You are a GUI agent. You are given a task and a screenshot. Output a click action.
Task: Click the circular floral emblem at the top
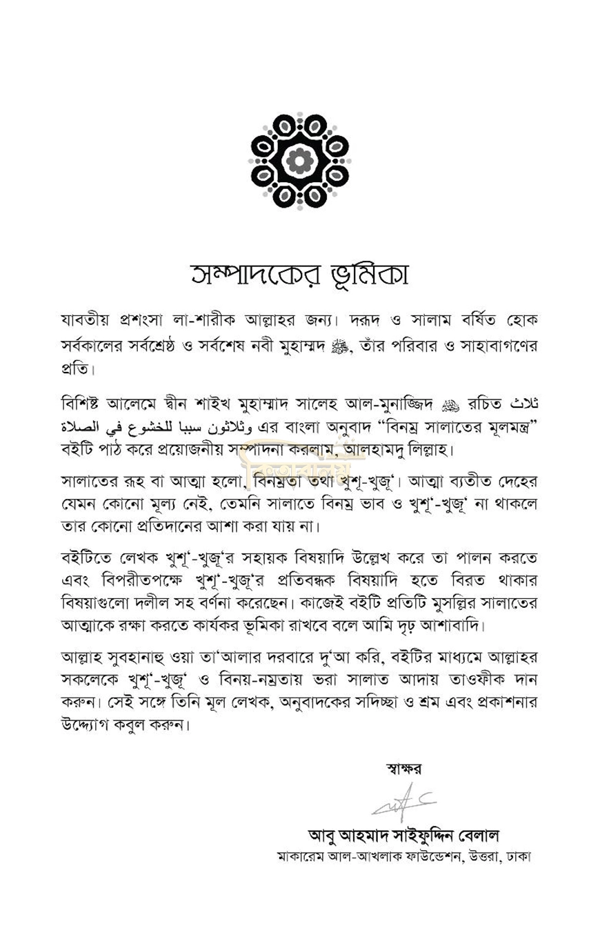click(299, 161)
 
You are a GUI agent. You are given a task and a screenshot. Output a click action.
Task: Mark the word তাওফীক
click(470, 675)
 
